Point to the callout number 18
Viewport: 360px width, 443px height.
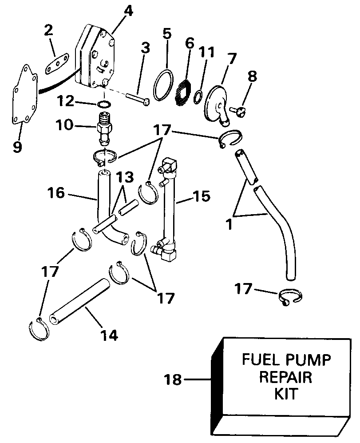coord(173,380)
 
